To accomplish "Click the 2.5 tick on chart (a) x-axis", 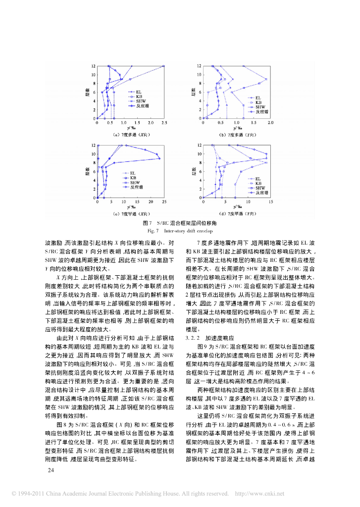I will (x=164, y=123).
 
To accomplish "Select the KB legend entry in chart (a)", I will (x=139, y=96).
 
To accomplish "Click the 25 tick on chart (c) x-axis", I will (x=164, y=202).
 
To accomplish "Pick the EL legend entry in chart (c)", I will (x=133, y=173).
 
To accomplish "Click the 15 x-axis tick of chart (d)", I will (x=270, y=202).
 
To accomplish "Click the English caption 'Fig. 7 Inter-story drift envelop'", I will (x=180, y=231).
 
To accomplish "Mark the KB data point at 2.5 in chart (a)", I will (x=164, y=66).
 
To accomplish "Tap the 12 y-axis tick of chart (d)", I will (x=199, y=145).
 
